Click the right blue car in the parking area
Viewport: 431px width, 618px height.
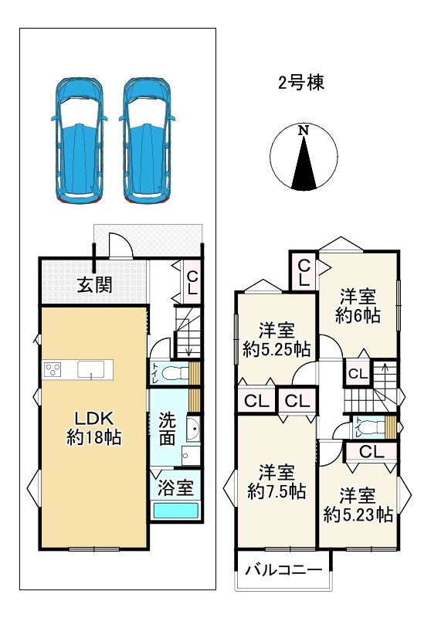click(147, 138)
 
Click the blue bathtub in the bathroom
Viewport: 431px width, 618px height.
click(175, 511)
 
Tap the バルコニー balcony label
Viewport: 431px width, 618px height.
click(283, 572)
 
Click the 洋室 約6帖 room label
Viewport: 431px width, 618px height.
click(358, 305)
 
